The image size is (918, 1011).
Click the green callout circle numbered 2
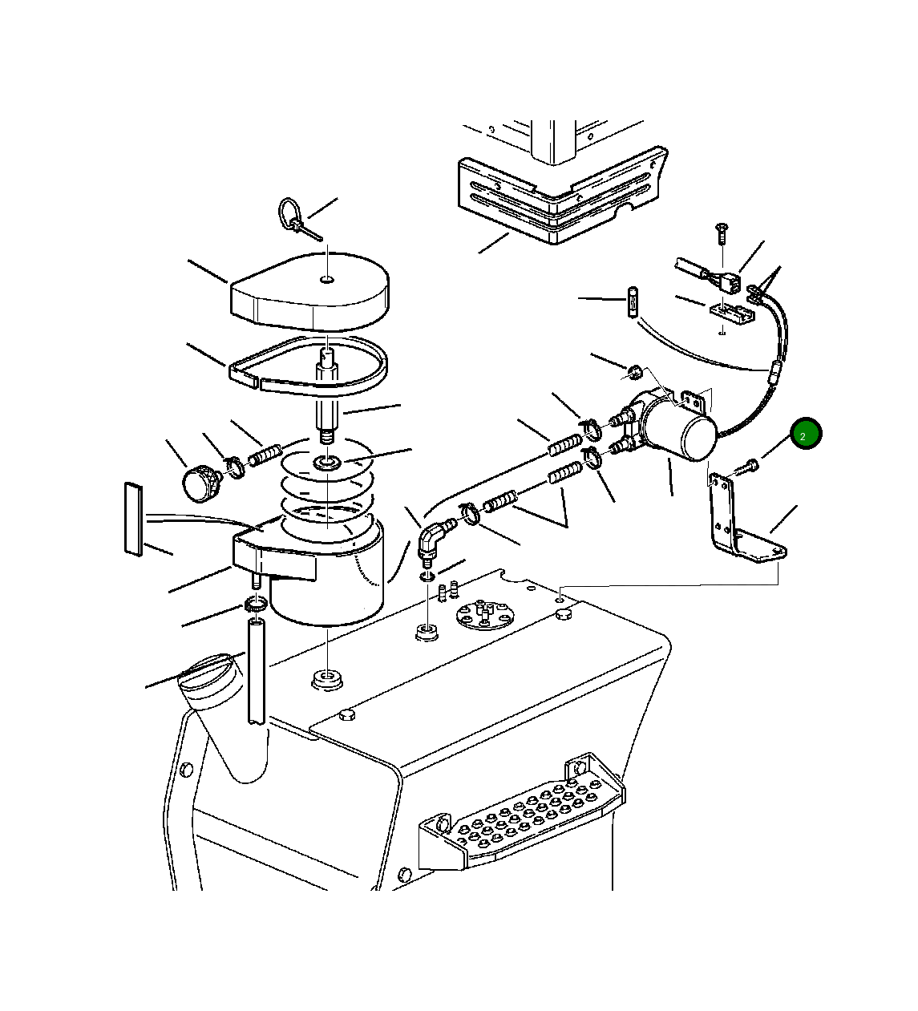click(806, 432)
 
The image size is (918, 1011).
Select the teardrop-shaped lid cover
click(309, 287)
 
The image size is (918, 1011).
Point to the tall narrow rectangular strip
click(133, 519)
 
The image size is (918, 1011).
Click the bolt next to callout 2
click(745, 466)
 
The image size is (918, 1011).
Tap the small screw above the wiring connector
click(721, 233)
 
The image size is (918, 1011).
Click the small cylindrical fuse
click(632, 301)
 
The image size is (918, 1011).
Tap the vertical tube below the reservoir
click(256, 671)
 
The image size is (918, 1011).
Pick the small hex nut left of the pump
click(634, 373)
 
